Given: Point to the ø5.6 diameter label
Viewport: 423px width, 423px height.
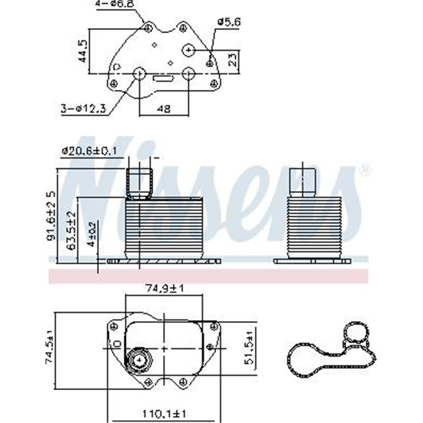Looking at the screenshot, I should point(229,22).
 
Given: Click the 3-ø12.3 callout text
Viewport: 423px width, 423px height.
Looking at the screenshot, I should point(84,109).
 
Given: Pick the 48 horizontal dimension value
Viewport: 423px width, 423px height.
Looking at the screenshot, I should point(164,109).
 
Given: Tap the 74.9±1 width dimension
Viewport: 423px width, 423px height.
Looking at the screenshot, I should point(164,288).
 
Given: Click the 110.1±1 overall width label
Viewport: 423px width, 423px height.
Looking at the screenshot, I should point(164,412).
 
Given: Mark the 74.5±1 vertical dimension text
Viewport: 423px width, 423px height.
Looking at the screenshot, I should point(50,346).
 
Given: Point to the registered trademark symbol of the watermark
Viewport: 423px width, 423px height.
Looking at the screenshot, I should point(365,170).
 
